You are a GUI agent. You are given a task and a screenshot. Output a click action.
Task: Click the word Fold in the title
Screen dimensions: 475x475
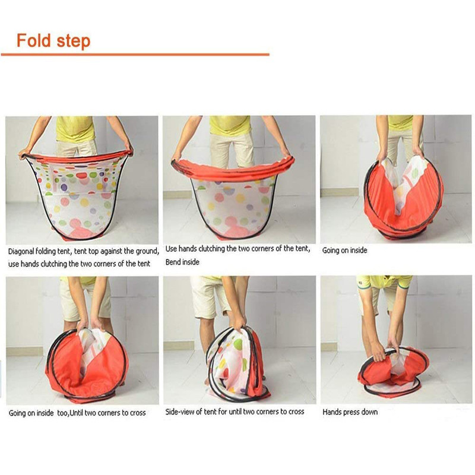(33, 40)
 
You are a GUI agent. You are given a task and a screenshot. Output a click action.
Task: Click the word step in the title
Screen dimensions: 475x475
(73, 42)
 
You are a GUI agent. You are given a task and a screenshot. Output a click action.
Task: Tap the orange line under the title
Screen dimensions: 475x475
(135, 55)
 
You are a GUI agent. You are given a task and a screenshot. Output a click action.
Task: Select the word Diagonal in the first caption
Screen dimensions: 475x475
(21, 251)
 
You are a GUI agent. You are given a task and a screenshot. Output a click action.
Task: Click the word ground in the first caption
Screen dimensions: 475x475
(144, 251)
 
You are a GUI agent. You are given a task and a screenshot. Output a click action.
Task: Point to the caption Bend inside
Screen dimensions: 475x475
(182, 262)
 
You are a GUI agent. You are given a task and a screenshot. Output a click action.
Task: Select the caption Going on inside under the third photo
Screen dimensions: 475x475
(345, 251)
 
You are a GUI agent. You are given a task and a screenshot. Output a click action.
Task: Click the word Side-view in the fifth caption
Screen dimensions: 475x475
(179, 411)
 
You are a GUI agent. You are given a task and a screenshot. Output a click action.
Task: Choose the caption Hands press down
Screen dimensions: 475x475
(350, 412)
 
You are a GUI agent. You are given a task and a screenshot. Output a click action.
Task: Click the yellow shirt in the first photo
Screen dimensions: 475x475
(75, 128)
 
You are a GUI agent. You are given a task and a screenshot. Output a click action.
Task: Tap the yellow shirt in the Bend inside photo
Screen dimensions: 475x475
(230, 125)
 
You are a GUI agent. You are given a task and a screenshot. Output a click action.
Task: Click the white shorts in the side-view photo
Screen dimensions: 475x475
(210, 297)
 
